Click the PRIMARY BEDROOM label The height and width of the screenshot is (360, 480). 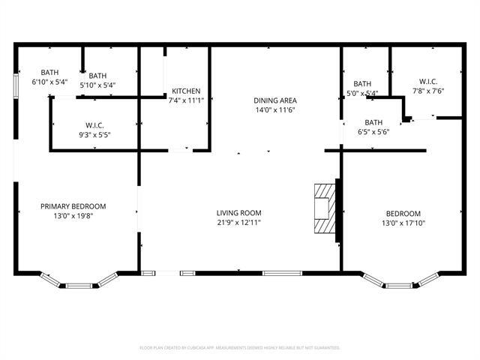tap(73, 206)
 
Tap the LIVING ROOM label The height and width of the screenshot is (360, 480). tap(239, 213)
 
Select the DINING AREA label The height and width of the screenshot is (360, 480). tap(275, 100)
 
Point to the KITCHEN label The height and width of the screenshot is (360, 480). tap(185, 91)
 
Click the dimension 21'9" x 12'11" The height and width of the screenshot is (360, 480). tap(239, 222)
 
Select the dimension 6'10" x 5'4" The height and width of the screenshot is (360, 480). tap(49, 82)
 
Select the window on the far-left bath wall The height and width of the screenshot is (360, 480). tap(16, 84)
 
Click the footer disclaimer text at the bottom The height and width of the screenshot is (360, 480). tap(239, 348)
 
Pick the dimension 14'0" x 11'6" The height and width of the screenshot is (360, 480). tap(275, 109)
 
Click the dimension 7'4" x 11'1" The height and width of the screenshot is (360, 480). tap(185, 100)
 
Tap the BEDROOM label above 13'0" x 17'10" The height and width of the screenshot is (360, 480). tap(403, 213)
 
